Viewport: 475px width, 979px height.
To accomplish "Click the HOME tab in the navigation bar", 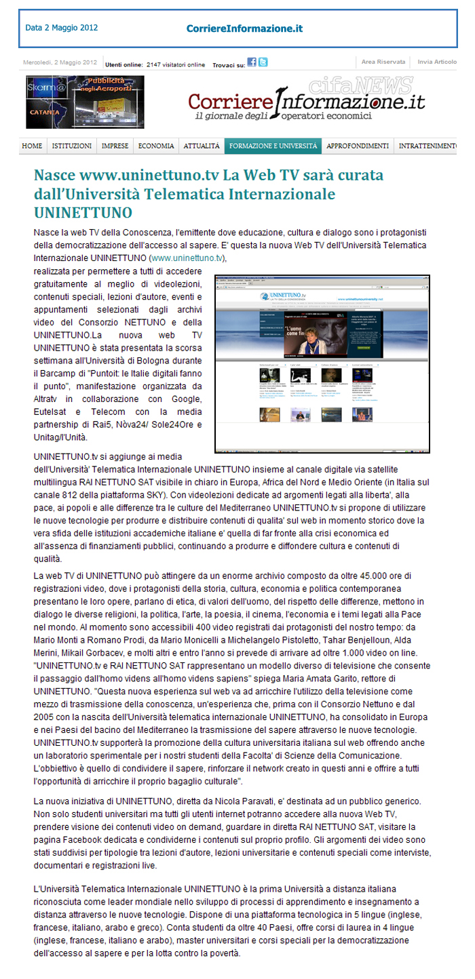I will (32, 146).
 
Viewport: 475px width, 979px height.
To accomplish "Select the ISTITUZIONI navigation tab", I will (72, 146).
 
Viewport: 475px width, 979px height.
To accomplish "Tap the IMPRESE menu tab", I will (115, 146).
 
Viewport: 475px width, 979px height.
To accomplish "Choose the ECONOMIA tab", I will (156, 146).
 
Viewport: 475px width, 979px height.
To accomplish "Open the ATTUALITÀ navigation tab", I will (202, 146).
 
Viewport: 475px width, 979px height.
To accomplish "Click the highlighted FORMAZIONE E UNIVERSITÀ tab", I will (273, 146).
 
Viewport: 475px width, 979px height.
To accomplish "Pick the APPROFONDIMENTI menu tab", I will (358, 146).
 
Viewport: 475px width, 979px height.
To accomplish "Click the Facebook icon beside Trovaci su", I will (252, 62).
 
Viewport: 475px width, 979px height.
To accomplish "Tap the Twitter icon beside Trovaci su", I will (263, 62).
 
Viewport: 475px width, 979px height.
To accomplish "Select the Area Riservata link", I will (383, 62).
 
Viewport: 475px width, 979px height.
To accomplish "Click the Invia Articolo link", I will (437, 62).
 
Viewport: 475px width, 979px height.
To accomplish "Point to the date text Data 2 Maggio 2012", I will (62, 28).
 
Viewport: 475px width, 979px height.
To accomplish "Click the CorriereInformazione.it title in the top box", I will (244, 28).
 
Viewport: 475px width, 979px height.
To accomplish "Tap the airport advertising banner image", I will (76, 102).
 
